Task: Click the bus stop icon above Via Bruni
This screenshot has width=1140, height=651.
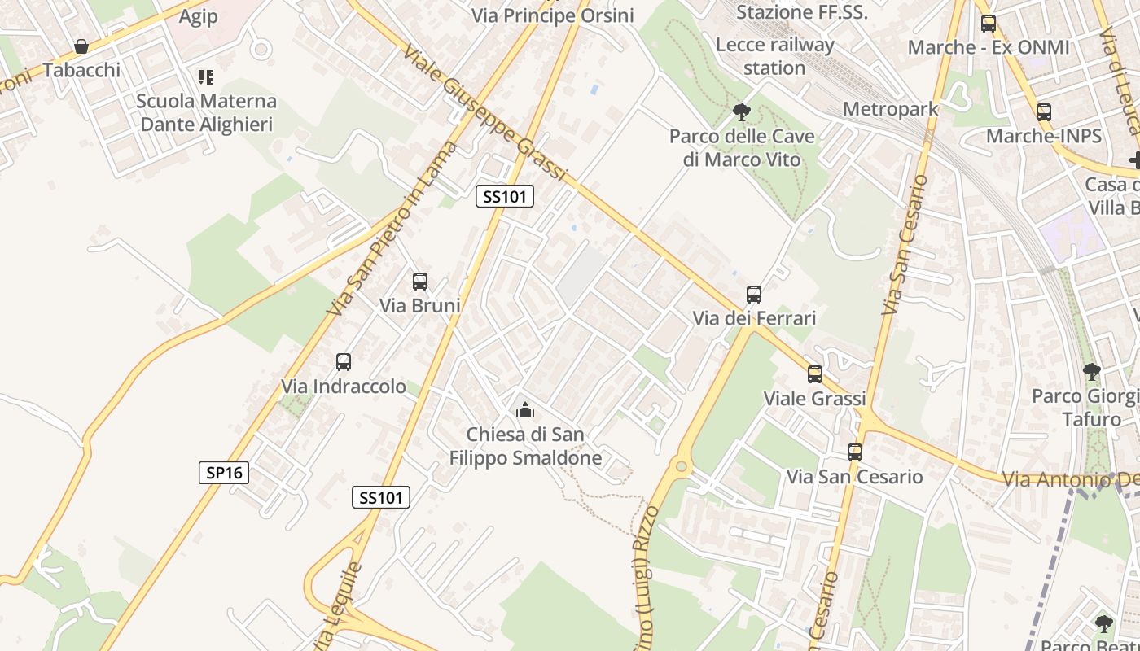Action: click(420, 282)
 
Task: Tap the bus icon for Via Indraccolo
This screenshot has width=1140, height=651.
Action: click(344, 362)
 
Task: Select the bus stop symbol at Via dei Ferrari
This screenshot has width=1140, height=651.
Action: click(754, 295)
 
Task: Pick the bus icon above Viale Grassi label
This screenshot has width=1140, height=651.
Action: click(815, 374)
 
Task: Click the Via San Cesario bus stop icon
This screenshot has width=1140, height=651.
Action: click(854, 452)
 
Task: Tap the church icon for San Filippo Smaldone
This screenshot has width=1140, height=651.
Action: click(525, 409)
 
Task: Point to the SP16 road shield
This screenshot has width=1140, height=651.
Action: click(224, 472)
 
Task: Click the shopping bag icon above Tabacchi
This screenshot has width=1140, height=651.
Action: click(81, 46)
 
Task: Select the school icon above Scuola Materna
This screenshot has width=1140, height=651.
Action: click(206, 77)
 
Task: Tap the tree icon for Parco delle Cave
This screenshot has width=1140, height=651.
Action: click(741, 111)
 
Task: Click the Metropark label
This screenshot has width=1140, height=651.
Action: click(891, 109)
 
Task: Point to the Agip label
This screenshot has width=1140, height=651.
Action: click(199, 17)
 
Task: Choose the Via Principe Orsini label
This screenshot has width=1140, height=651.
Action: click(553, 15)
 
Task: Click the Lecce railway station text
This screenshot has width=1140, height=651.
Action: click(774, 56)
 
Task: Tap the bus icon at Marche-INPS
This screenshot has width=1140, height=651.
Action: click(1044, 111)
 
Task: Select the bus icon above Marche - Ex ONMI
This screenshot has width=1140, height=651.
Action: click(989, 23)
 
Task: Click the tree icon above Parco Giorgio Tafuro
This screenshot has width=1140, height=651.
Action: click(1092, 372)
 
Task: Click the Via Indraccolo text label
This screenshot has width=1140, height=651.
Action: click(344, 387)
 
